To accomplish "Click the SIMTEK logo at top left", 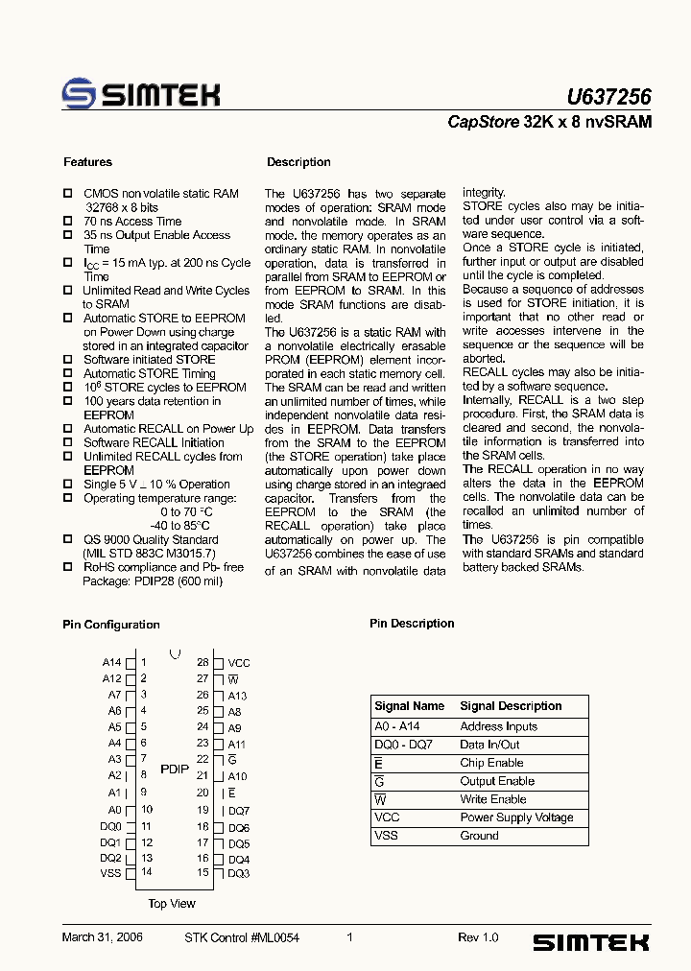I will tap(141, 94).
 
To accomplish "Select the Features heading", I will tap(87, 162).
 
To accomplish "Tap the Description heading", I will tap(298, 162).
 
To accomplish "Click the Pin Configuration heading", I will tap(111, 625).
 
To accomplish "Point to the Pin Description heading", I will tap(412, 624).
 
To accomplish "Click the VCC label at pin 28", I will tap(239, 663).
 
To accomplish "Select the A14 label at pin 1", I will tap(111, 662).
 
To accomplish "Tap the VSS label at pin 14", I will tap(110, 873).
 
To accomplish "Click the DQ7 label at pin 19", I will tap(239, 811).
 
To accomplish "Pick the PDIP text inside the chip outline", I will tap(175, 770).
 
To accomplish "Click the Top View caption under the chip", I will tap(172, 904).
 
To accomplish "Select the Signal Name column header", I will tap(410, 706).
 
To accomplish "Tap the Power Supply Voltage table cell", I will tap(516, 817).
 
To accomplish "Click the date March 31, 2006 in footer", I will tap(102, 937).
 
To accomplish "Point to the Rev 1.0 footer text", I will tap(478, 937).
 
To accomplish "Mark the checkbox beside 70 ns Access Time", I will tap(68, 222).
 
